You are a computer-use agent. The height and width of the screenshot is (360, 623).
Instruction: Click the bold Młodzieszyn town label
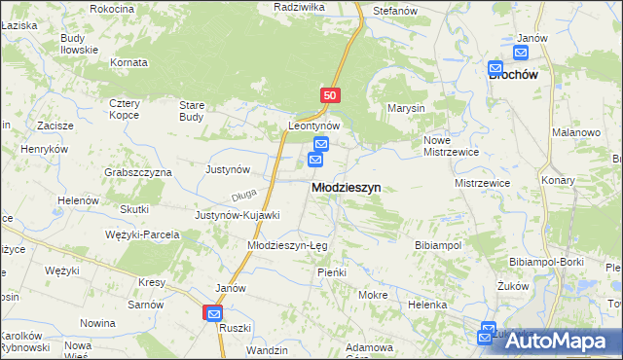[346, 187]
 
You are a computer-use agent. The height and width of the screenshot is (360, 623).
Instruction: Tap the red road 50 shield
[330, 95]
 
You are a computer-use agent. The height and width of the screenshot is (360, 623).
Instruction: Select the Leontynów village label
[313, 126]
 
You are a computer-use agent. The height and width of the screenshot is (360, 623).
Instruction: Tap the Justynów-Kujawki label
[238, 215]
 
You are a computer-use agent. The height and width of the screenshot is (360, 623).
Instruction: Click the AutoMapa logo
[558, 340]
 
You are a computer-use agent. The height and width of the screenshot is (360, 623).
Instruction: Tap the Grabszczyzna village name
[138, 172]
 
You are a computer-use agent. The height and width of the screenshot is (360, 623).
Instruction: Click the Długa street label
[243, 194]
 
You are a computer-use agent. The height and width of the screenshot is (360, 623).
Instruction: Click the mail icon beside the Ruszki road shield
[213, 313]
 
